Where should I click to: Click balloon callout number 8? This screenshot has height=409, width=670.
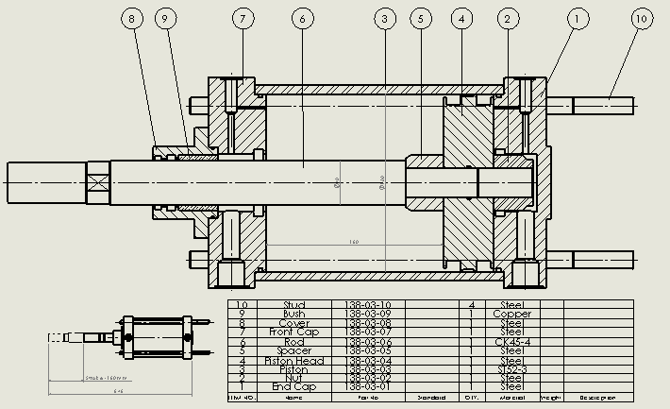point(132,19)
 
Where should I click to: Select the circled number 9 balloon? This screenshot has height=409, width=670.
point(166,19)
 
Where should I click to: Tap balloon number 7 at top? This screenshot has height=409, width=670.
point(243,19)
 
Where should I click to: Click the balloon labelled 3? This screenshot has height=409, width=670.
point(384,19)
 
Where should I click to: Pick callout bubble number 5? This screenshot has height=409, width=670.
point(421,19)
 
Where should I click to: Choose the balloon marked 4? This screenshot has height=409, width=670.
point(461,19)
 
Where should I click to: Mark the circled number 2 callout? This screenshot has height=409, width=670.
point(508,19)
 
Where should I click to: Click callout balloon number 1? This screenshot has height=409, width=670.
point(577,19)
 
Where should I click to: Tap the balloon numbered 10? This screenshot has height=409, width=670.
point(642,19)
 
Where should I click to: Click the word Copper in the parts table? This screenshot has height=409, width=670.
point(511,314)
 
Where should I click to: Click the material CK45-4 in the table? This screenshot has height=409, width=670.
point(511,342)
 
